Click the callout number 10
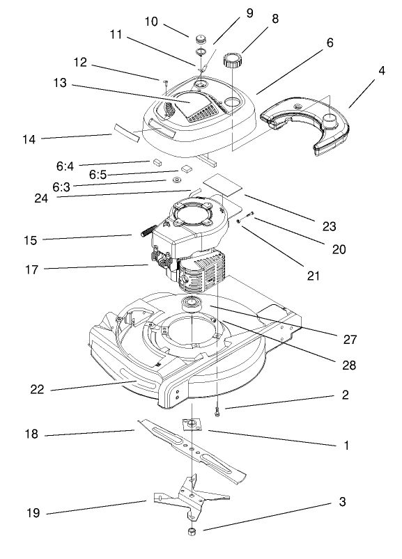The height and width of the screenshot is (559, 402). coord(152,22)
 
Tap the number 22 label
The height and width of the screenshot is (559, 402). coord(37,389)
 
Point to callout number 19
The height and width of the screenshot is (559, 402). coord(33,513)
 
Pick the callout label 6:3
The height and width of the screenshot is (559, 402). coord(61,187)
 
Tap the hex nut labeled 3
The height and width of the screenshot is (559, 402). coord(190,532)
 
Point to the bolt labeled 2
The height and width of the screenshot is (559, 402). coord(218,413)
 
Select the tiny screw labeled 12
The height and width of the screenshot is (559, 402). coord(166,83)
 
